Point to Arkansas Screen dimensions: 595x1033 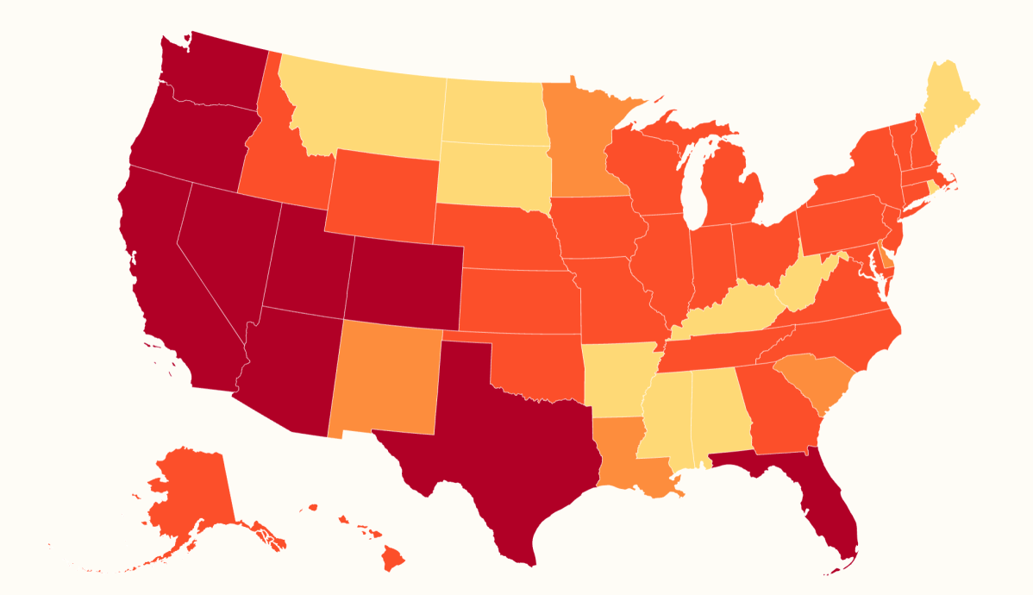617,375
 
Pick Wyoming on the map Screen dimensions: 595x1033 384,198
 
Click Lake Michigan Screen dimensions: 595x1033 694,185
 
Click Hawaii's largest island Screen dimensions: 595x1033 393,561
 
